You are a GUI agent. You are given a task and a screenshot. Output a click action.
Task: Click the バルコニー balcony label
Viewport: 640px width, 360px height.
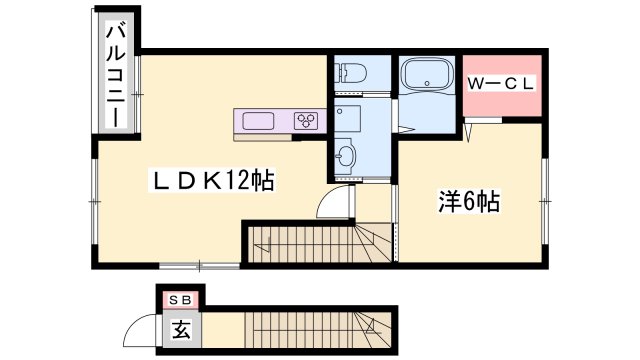point(117,75)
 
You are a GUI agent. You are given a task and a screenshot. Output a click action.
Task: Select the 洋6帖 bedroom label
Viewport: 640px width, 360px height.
point(470,201)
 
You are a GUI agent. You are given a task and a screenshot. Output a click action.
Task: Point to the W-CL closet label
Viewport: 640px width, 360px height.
point(500,84)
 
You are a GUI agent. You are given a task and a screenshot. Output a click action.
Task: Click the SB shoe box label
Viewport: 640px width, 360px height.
point(180,300)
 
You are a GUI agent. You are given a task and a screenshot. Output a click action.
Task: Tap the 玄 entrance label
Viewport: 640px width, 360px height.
point(181,330)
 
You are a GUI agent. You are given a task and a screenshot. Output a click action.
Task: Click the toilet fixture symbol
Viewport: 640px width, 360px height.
point(350,74)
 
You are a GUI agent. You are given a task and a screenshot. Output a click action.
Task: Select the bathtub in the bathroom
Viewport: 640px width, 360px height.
point(427,75)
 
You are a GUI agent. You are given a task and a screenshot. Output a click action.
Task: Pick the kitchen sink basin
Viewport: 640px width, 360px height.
point(258,121)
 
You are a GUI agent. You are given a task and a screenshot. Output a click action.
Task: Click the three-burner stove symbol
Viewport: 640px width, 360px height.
point(306,121)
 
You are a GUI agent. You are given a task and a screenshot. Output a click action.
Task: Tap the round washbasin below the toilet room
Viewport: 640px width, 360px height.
point(344,155)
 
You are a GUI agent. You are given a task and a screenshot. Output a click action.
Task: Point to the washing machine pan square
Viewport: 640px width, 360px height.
point(347,118)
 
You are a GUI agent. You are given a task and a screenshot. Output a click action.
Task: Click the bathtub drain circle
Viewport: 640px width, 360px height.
point(427,84)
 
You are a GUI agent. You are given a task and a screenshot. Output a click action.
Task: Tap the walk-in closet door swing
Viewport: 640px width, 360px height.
point(469,131)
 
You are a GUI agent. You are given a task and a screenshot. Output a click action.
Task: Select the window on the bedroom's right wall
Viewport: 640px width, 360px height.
point(545,201)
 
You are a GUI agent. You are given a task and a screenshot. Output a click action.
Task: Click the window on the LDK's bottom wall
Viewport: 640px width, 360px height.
point(199,266)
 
